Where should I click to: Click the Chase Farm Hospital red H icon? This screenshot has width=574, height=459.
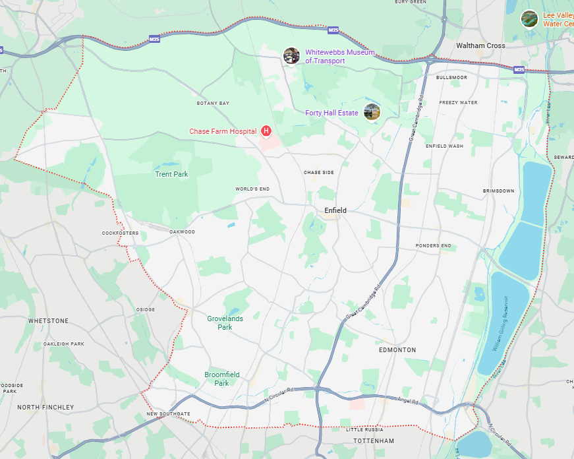point(266,131)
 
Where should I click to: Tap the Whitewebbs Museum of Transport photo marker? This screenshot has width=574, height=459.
point(291,56)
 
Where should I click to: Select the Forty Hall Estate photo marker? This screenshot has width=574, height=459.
point(372,112)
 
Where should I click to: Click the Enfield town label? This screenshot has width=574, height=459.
point(335,210)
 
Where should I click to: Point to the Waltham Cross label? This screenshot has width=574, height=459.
point(480,46)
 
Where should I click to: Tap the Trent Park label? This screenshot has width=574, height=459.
point(171,174)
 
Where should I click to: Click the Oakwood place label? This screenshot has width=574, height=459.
point(182,232)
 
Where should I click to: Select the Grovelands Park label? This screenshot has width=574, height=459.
point(225,322)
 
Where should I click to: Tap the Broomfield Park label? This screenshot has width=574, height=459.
point(221,379)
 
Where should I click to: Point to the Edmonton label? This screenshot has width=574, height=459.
point(397,350)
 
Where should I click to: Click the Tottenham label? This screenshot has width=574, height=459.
point(373,441)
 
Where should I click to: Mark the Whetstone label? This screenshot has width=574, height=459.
point(48,321)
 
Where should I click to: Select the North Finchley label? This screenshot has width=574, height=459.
point(45,407)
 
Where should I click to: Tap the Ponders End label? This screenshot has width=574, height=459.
point(433,246)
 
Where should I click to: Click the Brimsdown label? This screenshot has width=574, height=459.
point(498,191)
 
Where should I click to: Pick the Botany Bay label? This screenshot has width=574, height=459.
point(213,104)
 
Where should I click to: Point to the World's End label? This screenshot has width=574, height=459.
point(252,189)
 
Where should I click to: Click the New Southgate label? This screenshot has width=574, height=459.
point(168,413)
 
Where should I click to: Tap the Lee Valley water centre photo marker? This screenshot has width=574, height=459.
point(529,18)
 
